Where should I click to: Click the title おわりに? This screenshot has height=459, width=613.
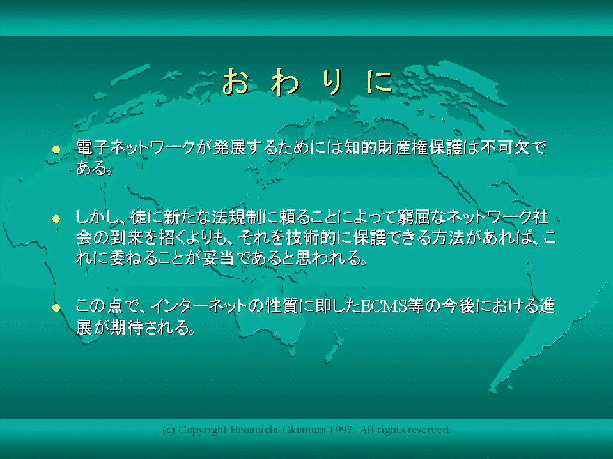[x=307, y=82]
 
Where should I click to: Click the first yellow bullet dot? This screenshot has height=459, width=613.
[x=56, y=149]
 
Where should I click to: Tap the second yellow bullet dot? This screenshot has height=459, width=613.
[x=56, y=219]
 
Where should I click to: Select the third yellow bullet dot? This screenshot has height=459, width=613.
[x=56, y=308]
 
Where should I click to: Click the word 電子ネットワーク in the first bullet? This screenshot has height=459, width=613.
[x=136, y=147]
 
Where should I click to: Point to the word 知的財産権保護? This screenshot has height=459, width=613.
[x=403, y=147]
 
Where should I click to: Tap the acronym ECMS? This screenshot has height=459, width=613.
[x=384, y=306]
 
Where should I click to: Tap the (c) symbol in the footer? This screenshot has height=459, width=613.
[x=169, y=430]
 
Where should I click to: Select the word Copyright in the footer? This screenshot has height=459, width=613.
[x=203, y=430]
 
